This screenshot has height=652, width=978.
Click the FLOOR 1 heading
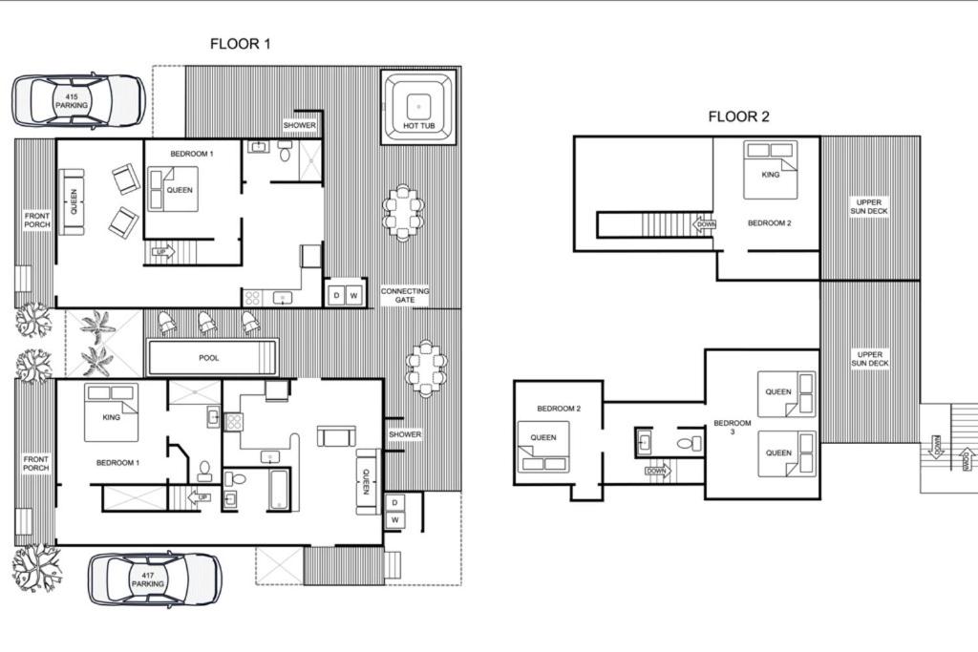[240, 44]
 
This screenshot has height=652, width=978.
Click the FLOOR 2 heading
[738, 116]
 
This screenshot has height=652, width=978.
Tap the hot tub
[418, 108]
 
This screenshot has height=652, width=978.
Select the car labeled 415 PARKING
[79, 101]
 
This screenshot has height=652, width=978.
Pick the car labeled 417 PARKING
[155, 579]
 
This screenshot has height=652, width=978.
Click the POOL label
[209, 358]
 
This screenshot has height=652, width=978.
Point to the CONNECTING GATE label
[405, 296]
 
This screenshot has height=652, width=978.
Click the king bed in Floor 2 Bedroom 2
[771, 170]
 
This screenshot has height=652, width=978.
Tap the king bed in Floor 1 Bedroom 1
[111, 412]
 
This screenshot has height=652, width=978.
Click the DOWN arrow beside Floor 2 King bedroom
[705, 224]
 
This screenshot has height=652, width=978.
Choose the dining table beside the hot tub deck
[404, 213]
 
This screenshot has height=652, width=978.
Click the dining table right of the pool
[427, 368]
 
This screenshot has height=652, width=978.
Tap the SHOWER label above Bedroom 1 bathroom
[299, 125]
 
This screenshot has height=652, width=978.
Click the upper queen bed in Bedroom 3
[787, 394]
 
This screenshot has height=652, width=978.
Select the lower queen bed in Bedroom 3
[787, 454]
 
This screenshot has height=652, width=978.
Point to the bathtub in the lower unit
[279, 491]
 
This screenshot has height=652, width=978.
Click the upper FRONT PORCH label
[37, 220]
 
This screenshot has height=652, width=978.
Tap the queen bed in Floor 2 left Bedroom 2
[543, 447]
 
